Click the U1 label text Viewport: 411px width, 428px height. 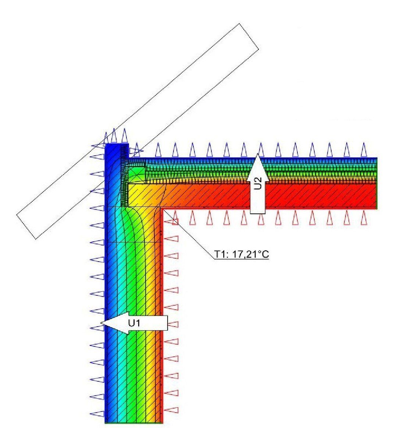[x=134, y=323]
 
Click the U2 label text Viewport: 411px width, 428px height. [x=258, y=183]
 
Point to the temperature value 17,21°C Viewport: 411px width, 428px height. [x=250, y=254]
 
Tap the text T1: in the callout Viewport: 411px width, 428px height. [x=221, y=254]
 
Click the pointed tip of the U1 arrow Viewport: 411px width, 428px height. [x=101, y=323]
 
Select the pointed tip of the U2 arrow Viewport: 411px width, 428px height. [x=258, y=154]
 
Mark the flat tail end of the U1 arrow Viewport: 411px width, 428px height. [x=167, y=323]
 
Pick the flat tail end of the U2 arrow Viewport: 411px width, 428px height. [x=258, y=213]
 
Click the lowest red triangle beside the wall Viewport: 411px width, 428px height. [x=172, y=410]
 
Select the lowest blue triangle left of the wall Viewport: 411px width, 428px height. [x=97, y=414]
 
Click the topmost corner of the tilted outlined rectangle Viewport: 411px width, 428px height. [x=239, y=24]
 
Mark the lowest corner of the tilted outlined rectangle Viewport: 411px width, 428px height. [x=36, y=239]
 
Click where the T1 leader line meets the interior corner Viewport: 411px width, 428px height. [x=163, y=210]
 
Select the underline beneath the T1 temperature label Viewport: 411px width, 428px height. [x=242, y=259]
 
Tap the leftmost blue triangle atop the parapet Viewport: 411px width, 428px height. [x=107, y=137]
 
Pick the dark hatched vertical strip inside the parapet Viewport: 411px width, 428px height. [x=125, y=175]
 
